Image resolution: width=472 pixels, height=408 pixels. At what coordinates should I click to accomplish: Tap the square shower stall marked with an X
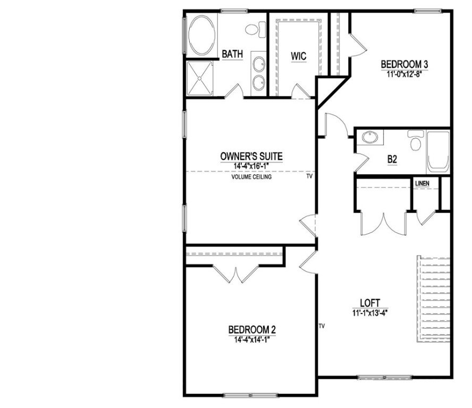point(200,78)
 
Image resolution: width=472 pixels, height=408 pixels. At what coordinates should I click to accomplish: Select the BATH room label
point(232,54)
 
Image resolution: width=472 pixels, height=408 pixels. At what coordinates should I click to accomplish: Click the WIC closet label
point(298,56)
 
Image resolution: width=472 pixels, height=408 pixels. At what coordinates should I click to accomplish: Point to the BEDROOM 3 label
point(404,65)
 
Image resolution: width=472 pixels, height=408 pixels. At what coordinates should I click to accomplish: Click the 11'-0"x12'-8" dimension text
point(404,74)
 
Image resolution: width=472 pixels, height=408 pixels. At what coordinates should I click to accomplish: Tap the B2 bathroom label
point(393,158)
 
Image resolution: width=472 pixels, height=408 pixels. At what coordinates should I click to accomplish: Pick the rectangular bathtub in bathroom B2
point(439,150)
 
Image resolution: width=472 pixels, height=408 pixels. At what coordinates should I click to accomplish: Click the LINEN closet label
point(422,184)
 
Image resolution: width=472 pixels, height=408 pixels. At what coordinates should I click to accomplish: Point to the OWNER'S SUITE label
point(251,156)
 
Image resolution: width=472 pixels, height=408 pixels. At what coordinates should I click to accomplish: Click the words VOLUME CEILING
point(251,177)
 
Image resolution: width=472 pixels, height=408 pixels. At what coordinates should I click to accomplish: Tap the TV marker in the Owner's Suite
point(309,177)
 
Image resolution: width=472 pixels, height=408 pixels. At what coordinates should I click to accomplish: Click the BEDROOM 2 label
point(252,329)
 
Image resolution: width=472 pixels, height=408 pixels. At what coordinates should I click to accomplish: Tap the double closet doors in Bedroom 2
point(234,273)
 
